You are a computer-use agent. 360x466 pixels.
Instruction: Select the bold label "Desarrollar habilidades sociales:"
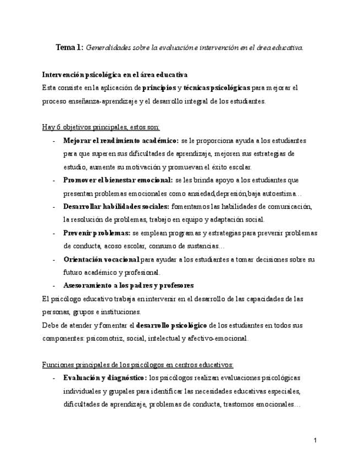[116, 207]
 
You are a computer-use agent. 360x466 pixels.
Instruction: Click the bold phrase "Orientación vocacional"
[101, 259]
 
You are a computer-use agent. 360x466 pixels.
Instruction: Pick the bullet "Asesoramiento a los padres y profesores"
[128, 286]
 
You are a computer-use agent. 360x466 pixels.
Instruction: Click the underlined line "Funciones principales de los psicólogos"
[138, 365]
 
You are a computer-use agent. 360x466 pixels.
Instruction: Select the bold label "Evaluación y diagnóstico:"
[105, 379]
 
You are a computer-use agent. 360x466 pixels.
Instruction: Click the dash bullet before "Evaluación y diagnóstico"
[53, 379]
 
